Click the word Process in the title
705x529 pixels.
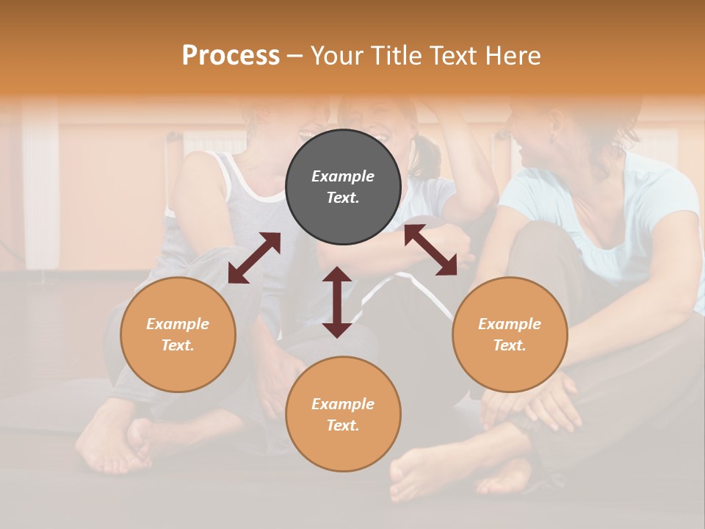pos(231,56)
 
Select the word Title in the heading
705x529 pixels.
pos(397,56)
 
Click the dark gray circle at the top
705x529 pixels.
pos(343,187)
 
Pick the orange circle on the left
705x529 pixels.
pos(178,334)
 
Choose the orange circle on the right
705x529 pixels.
pos(510,334)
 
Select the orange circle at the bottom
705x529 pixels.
pos(343,414)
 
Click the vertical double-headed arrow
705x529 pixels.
pos(337,302)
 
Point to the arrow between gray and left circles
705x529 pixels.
pos(254,257)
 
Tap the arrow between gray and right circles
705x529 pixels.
pos(430,250)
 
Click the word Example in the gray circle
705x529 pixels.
pos(343,176)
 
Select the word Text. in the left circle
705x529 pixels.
pos(178,345)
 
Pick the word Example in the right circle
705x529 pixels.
pos(510,324)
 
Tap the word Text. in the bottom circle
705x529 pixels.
pos(343,425)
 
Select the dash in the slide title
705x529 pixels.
pos(294,56)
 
